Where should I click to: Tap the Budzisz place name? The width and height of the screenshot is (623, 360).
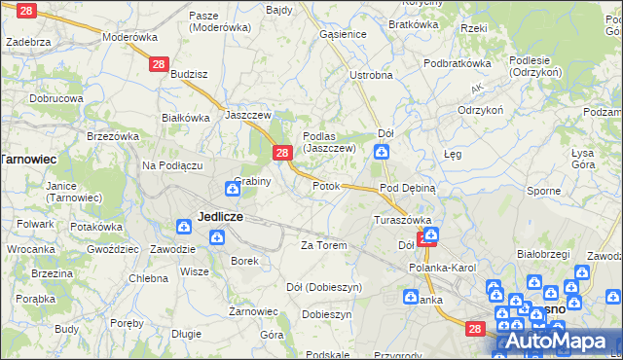(189, 74)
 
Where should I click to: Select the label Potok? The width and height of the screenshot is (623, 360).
(326, 185)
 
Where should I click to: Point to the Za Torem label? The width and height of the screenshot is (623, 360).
(324, 245)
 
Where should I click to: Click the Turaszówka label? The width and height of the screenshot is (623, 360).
(402, 220)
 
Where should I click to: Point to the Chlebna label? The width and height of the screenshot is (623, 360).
(149, 278)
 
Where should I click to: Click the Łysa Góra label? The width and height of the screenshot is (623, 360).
(583, 159)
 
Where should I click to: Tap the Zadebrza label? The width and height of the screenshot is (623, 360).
(28, 43)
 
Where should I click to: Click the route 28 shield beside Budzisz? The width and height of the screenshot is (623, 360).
(159, 63)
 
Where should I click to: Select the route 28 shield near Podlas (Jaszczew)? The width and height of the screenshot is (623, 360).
(281, 153)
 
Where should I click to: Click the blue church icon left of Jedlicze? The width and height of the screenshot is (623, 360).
(184, 227)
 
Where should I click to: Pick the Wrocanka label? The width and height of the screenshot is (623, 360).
(31, 249)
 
